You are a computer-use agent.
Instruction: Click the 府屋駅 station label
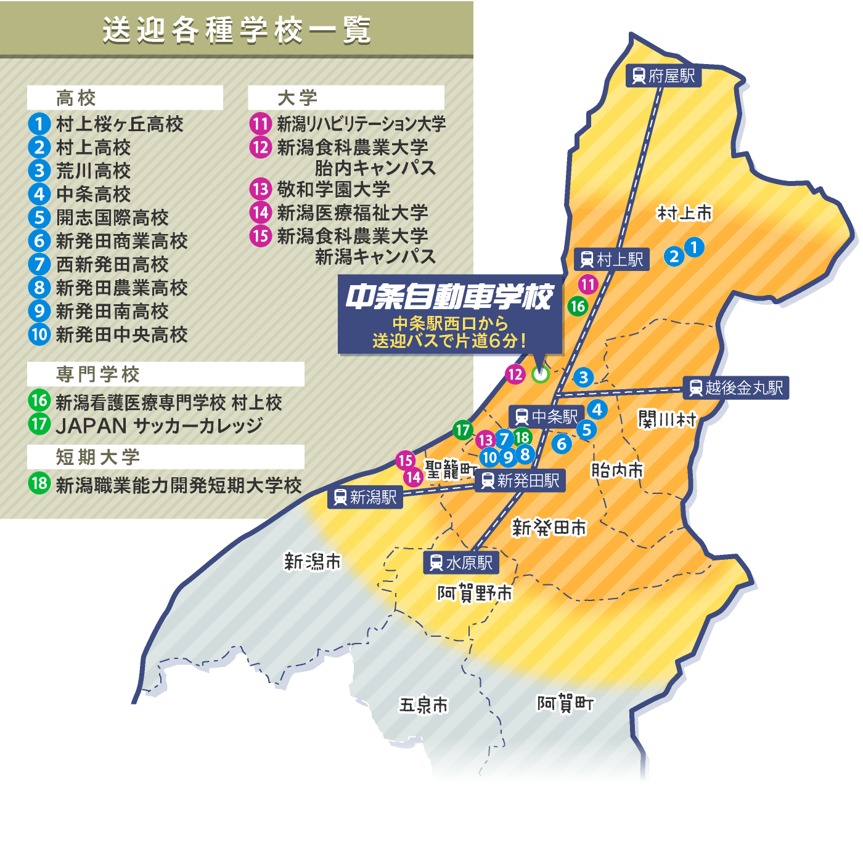663,76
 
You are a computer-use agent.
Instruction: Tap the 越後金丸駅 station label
736,388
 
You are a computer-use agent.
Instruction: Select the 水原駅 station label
461,562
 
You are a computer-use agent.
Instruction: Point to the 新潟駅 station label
366,497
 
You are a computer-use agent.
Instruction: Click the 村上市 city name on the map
684,214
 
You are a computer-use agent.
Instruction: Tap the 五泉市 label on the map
423,705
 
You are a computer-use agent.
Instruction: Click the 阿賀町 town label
565,703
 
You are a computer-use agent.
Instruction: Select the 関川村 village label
667,420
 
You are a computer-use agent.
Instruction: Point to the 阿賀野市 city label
475,593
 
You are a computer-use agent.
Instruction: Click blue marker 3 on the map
583,377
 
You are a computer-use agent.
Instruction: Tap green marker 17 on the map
463,430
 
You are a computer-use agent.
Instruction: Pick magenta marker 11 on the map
587,284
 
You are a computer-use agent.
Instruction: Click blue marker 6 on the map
562,443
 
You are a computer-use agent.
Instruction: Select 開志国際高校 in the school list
112,217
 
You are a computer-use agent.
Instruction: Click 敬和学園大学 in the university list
333,189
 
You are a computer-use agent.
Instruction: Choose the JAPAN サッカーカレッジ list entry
159,426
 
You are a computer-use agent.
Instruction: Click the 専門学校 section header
99,374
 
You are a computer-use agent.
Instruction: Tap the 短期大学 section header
99,457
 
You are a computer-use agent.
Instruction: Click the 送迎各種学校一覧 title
237,30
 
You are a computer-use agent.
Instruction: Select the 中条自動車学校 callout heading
449,297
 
